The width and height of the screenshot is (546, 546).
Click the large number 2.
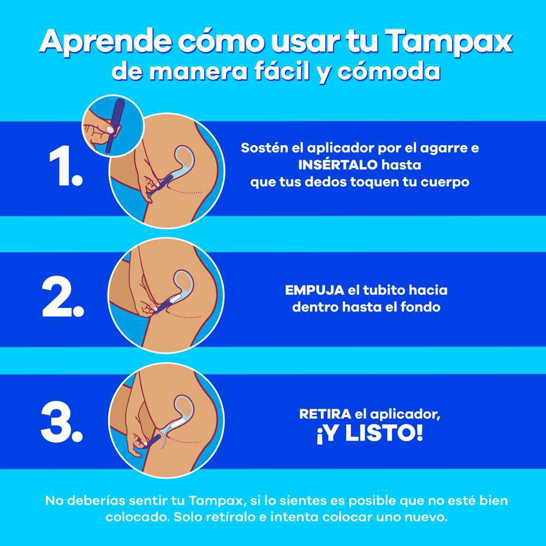(x=63, y=300)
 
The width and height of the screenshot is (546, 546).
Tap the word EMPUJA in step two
(x=314, y=290)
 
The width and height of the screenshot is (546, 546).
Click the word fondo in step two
(x=420, y=307)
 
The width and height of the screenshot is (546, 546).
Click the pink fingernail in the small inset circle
(x=111, y=129)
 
